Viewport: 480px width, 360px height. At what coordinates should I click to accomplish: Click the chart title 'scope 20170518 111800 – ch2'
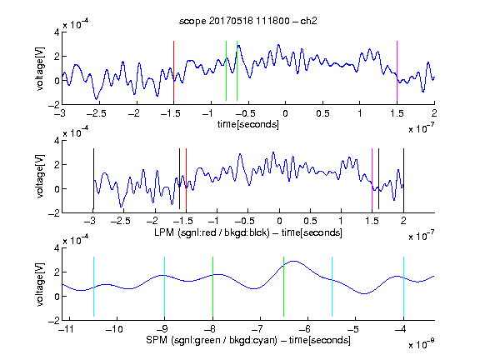248,21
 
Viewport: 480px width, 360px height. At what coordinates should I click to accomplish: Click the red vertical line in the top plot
173,71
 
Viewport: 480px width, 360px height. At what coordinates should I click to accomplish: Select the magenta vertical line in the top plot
397,71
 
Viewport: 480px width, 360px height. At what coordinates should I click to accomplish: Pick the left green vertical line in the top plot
226,71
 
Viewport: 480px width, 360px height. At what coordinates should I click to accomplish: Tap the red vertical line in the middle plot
186,179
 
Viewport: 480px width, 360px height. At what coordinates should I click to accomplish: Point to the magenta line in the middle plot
372,179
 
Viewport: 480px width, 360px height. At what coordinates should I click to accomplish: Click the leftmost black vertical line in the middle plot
93,179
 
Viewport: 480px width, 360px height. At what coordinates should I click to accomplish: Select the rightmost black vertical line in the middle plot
404,179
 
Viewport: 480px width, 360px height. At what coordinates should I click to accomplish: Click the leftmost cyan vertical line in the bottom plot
93,287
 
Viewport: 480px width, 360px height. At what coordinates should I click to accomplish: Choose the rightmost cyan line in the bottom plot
404,287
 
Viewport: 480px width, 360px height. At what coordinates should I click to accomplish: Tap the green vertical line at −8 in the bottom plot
212,287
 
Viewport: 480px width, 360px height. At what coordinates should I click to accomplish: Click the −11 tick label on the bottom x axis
66,329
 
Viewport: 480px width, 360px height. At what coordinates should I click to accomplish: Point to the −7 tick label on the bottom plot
257,329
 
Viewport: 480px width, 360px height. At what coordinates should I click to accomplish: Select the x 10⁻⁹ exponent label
421,344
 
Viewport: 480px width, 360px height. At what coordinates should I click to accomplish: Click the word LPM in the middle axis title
164,232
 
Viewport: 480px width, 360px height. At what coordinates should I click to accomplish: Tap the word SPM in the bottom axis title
157,340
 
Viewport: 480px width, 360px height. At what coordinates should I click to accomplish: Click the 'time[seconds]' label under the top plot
248,124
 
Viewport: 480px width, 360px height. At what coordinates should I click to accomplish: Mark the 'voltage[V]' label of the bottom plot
40,285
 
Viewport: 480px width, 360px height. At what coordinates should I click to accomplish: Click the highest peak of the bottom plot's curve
294,261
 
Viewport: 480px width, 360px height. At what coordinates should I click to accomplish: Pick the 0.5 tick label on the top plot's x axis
322,113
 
